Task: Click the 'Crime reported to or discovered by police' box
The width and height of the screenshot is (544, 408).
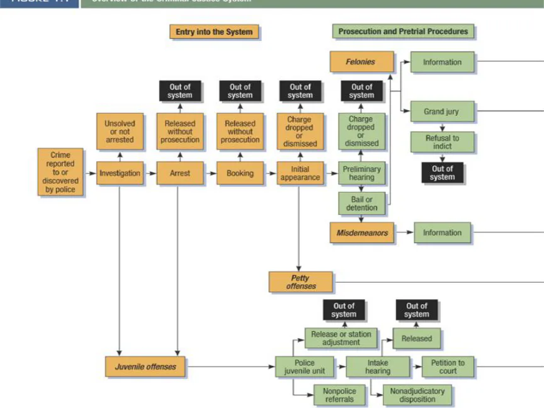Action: [x=60, y=173]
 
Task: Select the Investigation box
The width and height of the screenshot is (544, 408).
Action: [x=120, y=173]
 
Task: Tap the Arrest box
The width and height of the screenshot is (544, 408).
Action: [x=180, y=173]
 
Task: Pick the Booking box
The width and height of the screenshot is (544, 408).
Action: [x=240, y=173]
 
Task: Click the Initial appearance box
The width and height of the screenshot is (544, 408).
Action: [x=300, y=173]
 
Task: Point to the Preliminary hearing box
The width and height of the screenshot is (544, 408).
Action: [x=361, y=173]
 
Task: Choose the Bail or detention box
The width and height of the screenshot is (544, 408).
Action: [x=361, y=203]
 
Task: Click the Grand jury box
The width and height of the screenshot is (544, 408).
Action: [x=441, y=112]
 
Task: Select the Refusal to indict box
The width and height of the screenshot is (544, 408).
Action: [x=442, y=142]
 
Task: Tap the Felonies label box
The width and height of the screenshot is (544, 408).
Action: [x=361, y=62]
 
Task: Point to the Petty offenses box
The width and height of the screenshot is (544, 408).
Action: [x=300, y=282]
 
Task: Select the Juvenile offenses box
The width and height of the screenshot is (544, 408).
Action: [x=145, y=366]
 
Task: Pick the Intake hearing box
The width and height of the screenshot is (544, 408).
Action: [x=378, y=366]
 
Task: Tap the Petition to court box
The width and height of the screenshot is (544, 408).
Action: [x=448, y=366]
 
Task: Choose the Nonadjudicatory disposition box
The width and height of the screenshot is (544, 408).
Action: [x=417, y=395]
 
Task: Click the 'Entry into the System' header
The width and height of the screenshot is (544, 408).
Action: [x=214, y=31]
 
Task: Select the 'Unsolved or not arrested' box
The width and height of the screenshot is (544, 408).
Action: [x=120, y=132]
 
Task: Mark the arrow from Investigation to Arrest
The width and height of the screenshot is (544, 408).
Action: [x=150, y=173]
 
